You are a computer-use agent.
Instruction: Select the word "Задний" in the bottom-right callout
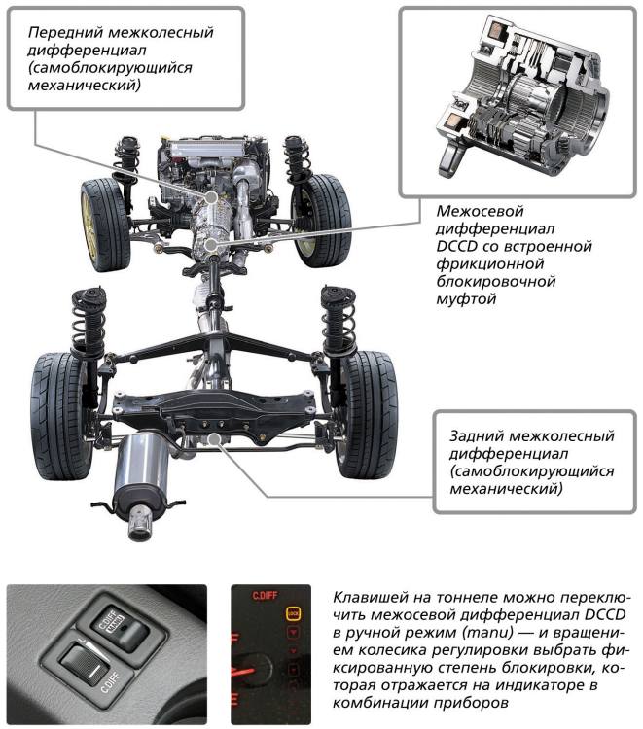point(477,436)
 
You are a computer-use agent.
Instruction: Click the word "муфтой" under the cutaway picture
point(466,299)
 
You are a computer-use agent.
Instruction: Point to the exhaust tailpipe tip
point(139,525)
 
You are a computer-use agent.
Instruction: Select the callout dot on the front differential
point(211,197)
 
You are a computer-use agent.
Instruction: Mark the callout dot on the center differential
point(211,243)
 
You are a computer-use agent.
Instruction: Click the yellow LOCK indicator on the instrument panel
point(293,613)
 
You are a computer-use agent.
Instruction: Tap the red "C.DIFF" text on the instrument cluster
point(265,596)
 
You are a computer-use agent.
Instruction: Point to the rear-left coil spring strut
point(88,326)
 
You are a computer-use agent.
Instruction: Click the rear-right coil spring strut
point(338,326)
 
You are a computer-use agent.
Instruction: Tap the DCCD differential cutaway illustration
point(520,97)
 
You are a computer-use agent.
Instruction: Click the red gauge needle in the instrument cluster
point(242,672)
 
